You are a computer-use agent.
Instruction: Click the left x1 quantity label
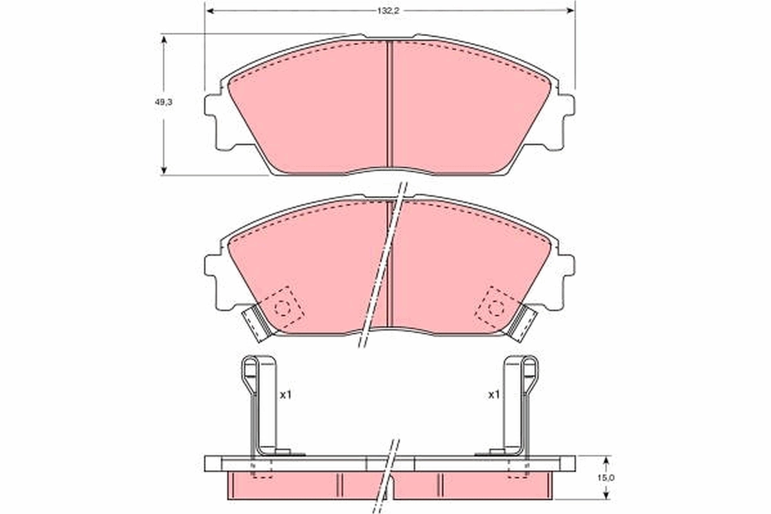point(285,395)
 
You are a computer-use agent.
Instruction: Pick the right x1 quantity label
point(493,395)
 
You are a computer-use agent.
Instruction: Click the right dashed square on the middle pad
point(495,306)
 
